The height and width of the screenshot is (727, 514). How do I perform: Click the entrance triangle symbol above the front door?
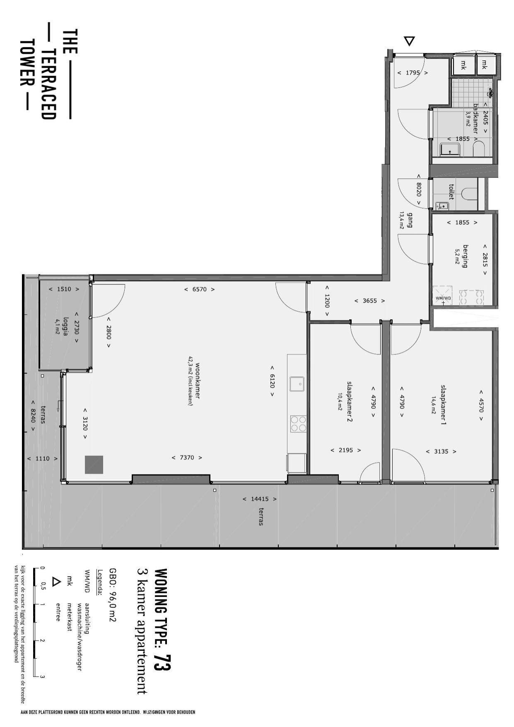pos(409,41)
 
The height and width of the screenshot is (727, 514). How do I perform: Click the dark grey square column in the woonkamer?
pos(94,464)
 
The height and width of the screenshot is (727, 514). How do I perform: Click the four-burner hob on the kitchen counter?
pos(298,424)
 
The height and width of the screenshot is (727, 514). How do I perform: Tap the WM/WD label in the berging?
pos(443,298)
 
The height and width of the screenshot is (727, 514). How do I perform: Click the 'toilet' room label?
pos(451,192)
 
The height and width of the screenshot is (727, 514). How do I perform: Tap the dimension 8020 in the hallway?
pos(419,190)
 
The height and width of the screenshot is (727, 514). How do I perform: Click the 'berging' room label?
pos(466,256)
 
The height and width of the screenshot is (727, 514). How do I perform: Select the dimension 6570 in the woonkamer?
pos(199,289)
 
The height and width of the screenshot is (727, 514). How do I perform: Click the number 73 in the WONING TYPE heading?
pos(162,663)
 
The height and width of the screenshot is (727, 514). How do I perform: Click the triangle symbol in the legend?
pos(56,582)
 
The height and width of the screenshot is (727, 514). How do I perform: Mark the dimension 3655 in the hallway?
pos(369,301)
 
